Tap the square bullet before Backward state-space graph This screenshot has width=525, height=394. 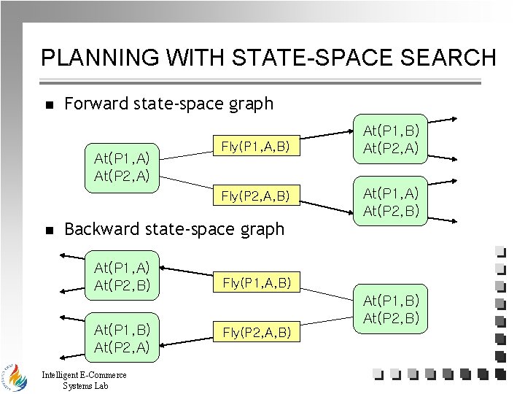(49, 231)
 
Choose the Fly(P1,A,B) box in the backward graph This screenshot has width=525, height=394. (257, 282)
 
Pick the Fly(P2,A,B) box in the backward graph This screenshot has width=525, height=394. (257, 333)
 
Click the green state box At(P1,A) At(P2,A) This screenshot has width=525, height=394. (122, 167)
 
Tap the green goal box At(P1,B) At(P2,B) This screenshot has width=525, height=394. (390, 309)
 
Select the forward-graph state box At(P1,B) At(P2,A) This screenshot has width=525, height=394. (390, 139)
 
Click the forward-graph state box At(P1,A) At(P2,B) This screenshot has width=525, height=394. (390, 201)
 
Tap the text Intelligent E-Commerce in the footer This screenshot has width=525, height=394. (85, 376)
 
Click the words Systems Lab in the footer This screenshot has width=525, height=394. (85, 386)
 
